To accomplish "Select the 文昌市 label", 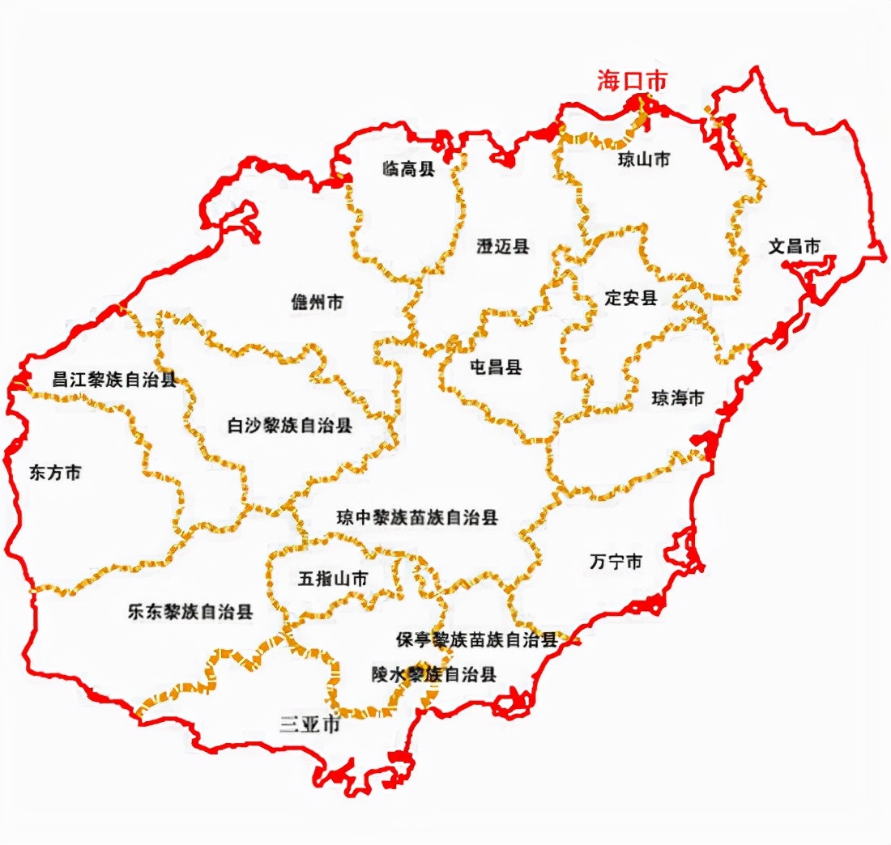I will click(795, 246).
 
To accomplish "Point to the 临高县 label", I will click(409, 168).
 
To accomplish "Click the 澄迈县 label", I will click(503, 247).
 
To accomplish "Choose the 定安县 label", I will click(631, 297).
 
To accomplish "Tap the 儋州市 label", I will click(318, 302).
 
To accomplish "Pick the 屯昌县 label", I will click(496, 367).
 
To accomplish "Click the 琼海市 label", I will click(678, 398).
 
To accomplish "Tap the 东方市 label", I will click(55, 473).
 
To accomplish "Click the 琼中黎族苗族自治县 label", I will click(418, 517).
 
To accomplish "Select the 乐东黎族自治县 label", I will click(190, 612).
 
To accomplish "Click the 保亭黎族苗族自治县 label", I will click(477, 640).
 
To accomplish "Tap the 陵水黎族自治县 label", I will click(433, 673).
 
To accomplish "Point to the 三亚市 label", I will click(310, 724).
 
